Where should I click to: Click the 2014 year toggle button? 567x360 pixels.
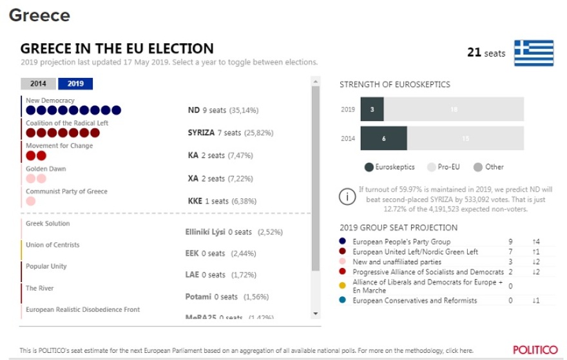coord(38,84)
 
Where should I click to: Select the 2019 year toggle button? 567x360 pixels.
coord(75,84)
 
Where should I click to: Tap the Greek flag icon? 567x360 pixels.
coord(533,53)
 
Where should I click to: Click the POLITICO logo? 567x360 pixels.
coord(535,350)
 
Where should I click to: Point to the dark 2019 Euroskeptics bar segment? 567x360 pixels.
coord(372,109)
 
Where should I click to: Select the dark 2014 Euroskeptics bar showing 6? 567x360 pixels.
coord(383,138)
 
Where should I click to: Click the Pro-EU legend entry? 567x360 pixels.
coord(444,167)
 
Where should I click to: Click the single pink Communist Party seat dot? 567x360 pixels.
coord(30,201)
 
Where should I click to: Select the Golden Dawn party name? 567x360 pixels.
coord(46,169)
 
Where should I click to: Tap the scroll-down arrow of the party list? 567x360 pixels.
coord(315,314)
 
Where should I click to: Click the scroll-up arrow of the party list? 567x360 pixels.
coord(315,82)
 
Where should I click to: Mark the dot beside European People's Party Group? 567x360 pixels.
coord(343,242)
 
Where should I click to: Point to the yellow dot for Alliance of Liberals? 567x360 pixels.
coord(343,285)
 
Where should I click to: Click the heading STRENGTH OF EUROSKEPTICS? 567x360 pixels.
coord(395,84)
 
